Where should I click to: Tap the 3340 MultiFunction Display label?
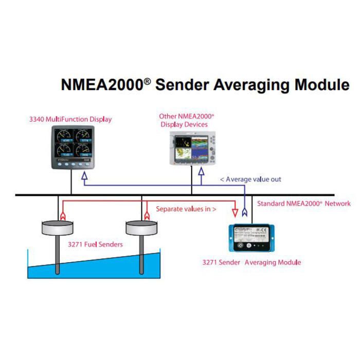[70, 119]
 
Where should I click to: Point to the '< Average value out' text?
[250, 179]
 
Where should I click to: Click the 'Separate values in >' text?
[186, 209]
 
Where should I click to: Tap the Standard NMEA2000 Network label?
[303, 204]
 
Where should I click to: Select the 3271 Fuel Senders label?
[95, 244]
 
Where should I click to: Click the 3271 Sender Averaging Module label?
[251, 262]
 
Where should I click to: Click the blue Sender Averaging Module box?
[253, 240]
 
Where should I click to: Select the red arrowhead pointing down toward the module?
[236, 211]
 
